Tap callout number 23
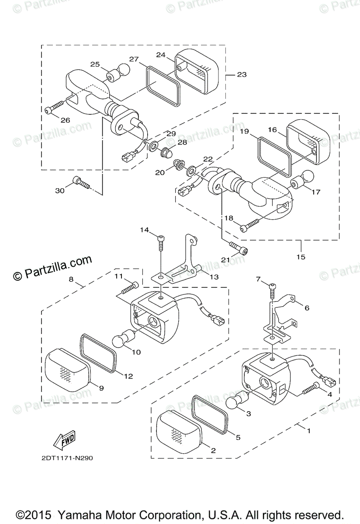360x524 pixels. pyautogui.click(x=241, y=75)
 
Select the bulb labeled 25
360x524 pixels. pyautogui.click(x=119, y=72)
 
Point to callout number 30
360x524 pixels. pyautogui.click(x=59, y=190)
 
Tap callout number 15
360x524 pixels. pyautogui.click(x=301, y=256)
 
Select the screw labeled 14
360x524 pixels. pyautogui.click(x=162, y=243)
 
